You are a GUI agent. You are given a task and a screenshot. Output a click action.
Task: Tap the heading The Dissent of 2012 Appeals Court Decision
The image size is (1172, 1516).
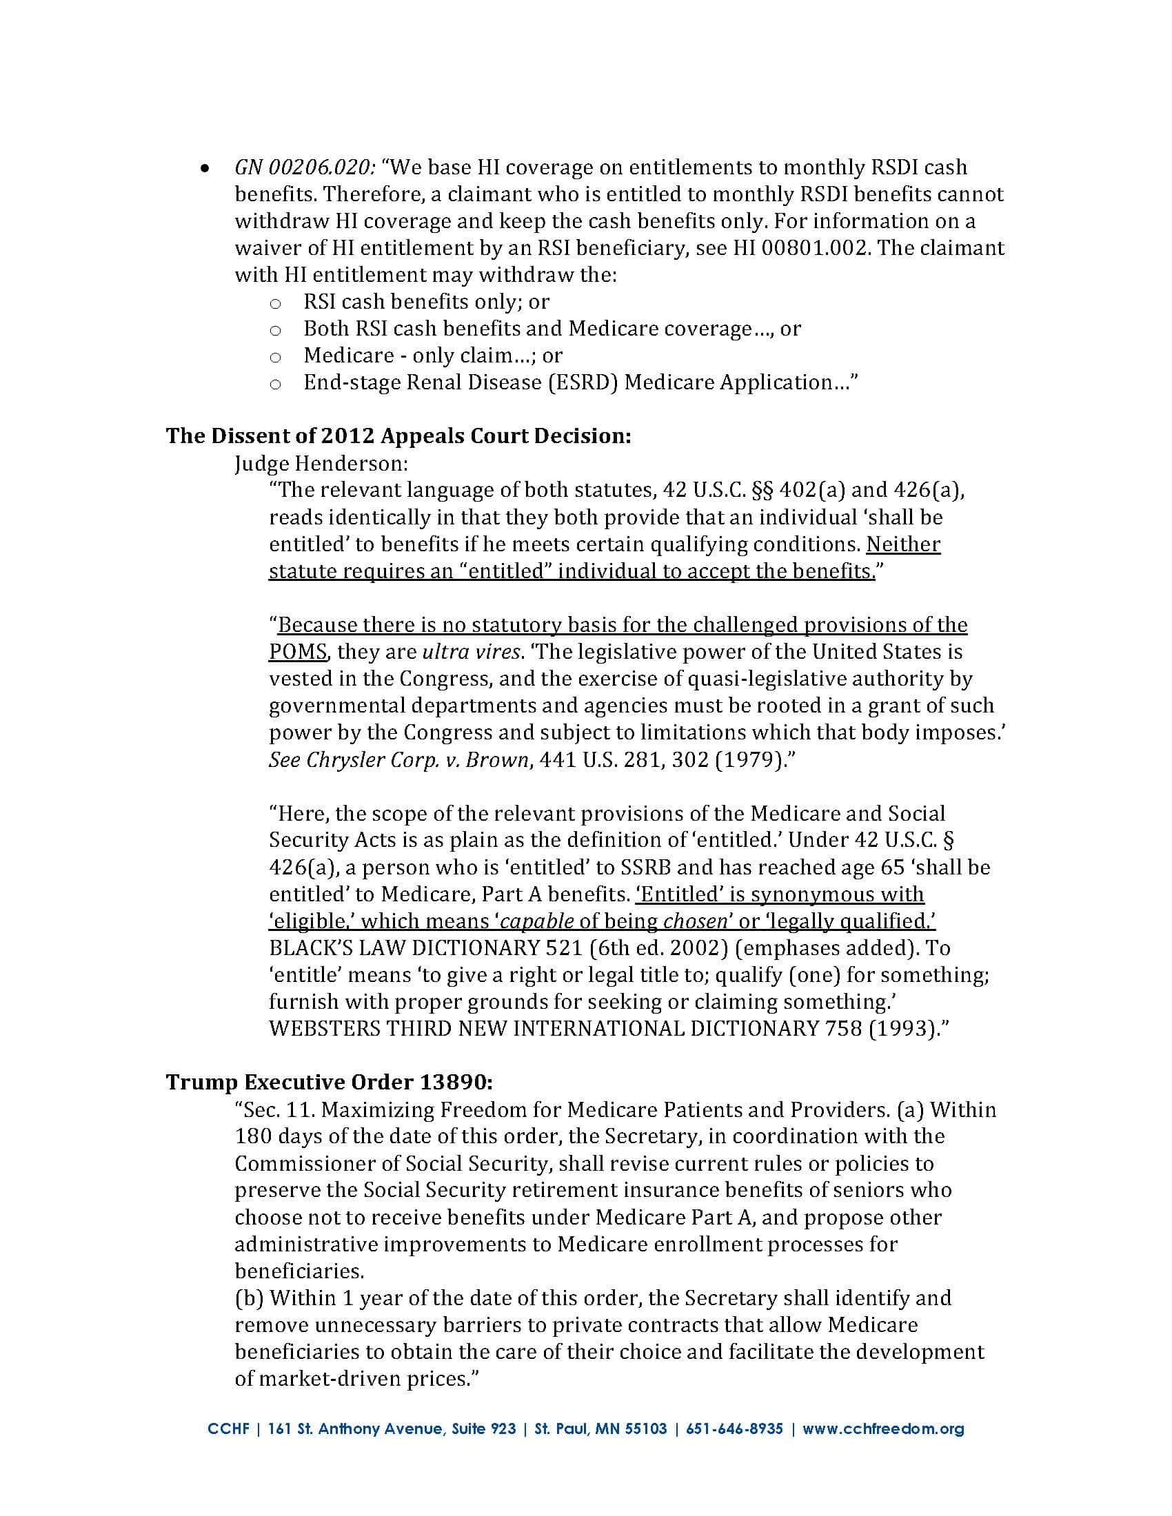coord(398,436)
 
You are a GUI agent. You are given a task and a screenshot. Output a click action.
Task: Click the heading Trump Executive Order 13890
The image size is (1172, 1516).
coord(329,1082)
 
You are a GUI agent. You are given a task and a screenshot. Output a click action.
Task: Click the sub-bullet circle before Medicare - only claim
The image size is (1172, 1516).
coord(275,357)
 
